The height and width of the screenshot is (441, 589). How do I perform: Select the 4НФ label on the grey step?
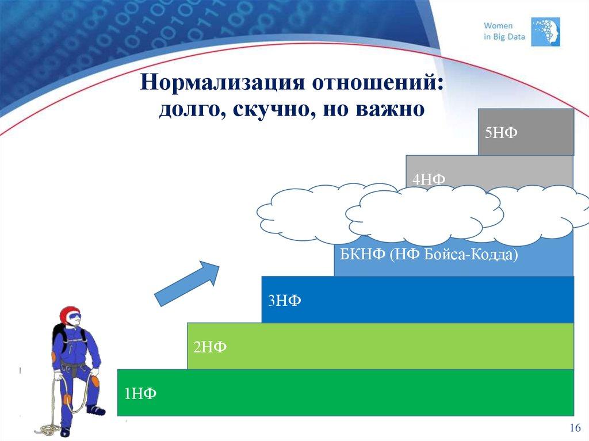coord(429,179)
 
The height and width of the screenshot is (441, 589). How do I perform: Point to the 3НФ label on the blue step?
coord(284,301)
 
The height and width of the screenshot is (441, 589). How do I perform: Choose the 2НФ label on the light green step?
coord(210,347)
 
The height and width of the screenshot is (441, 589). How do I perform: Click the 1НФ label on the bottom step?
coord(140,393)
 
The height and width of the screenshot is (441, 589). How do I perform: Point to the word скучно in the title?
coord(270,108)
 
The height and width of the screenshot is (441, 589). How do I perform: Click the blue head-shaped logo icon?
coord(546,31)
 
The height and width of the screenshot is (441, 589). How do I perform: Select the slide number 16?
coord(575,428)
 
